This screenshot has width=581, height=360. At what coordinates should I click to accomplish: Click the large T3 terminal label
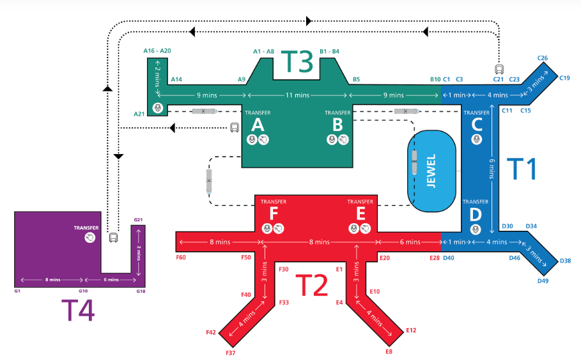(x=297, y=61)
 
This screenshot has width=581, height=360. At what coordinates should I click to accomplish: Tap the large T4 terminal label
(x=78, y=311)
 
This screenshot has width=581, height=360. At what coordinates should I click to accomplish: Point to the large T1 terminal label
(x=522, y=169)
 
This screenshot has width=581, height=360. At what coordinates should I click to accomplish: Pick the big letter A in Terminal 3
(x=258, y=123)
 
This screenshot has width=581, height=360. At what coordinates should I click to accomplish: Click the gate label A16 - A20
(x=158, y=51)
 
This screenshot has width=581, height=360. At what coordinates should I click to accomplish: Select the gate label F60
(x=181, y=258)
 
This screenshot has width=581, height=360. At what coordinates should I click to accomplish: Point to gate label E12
(x=410, y=330)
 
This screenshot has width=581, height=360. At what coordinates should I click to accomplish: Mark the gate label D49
(x=543, y=281)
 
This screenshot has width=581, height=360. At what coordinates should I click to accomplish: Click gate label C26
(x=542, y=58)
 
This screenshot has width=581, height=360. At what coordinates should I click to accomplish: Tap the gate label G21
(x=138, y=220)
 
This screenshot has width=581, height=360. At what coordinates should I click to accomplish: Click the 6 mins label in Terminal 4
(x=111, y=280)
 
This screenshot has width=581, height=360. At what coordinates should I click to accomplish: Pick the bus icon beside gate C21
(x=498, y=69)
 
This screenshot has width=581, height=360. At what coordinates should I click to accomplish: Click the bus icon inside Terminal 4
(x=113, y=238)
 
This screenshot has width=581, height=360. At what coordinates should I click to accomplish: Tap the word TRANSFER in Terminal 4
(x=86, y=227)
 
